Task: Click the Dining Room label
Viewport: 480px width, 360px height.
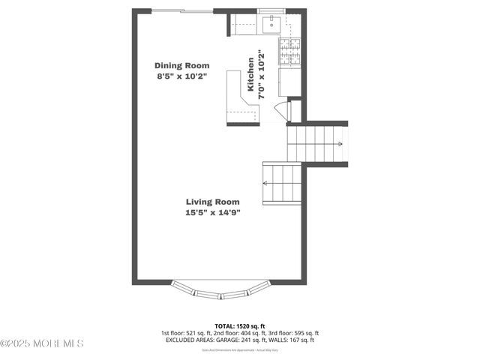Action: pos(181,65)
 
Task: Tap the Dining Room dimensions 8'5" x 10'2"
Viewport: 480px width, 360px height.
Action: pos(181,76)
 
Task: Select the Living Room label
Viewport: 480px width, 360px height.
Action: pos(213,201)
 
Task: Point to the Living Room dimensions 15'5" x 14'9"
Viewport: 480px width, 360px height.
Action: pos(213,212)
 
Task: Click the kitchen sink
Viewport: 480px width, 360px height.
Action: pos(270,25)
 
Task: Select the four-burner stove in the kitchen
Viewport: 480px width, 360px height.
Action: pos(289,50)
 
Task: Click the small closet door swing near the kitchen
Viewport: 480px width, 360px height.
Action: pos(281,112)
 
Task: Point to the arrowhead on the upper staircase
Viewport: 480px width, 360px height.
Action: pos(340,144)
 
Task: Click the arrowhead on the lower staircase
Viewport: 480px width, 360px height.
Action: pos(265,182)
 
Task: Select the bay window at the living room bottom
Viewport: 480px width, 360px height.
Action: pos(219,290)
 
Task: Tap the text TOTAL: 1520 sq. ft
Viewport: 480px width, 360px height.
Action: pos(239,325)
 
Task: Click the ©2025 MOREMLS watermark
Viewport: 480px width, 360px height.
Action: pos(42,343)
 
